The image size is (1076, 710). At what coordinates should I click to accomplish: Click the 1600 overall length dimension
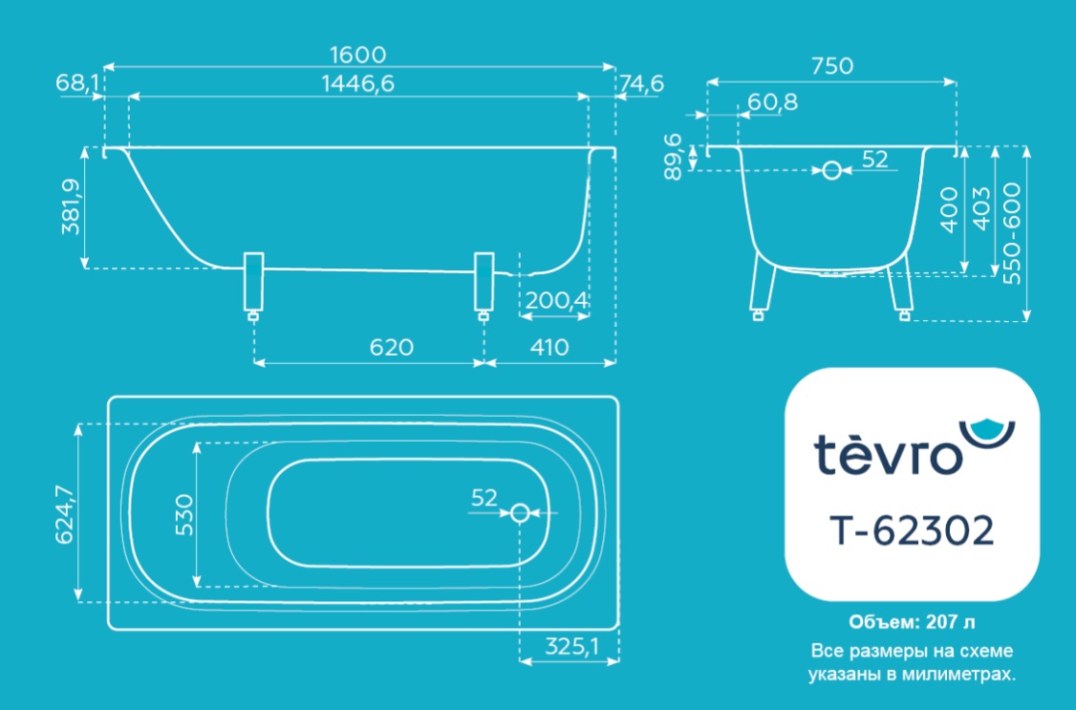click(357, 54)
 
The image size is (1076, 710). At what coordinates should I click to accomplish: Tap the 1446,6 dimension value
click(357, 84)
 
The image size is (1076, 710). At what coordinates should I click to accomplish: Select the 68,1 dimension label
click(77, 84)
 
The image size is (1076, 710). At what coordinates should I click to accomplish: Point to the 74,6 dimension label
click(641, 84)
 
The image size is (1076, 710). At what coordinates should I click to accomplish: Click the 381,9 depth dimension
click(72, 206)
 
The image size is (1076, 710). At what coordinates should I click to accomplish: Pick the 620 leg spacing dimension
click(391, 347)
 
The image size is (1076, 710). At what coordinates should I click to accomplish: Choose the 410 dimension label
click(549, 347)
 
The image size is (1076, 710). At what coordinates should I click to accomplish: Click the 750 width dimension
click(831, 66)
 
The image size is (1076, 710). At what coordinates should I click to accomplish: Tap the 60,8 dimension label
click(773, 102)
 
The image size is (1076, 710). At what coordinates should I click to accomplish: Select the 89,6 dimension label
click(673, 157)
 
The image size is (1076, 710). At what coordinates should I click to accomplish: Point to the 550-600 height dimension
click(1011, 233)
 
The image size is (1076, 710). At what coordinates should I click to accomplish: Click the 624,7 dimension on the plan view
click(64, 514)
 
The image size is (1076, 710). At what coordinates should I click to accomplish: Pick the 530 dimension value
click(184, 514)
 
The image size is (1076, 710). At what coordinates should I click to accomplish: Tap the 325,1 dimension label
click(571, 646)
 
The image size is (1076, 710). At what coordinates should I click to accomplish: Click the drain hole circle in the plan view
click(520, 512)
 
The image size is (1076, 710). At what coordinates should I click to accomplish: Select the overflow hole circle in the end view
click(831, 169)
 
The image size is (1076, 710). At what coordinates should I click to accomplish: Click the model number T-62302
click(912, 530)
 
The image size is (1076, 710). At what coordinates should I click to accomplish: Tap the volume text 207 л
click(950, 622)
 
